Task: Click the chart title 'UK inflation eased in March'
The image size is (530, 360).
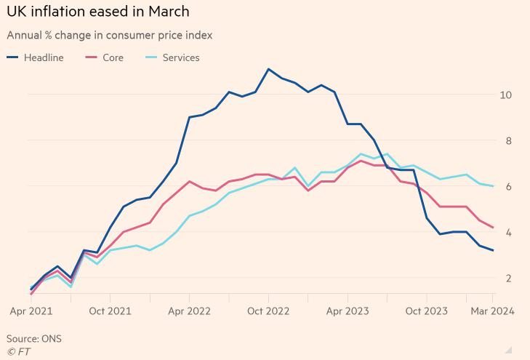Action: click(x=98, y=12)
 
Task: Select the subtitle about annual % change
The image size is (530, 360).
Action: click(x=110, y=35)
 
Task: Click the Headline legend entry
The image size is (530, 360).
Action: click(x=36, y=57)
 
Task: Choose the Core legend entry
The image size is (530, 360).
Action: click(x=105, y=57)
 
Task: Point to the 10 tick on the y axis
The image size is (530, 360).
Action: click(x=506, y=95)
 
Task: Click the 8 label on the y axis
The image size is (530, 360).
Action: click(x=509, y=141)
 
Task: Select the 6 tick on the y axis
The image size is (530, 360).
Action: click(x=509, y=187)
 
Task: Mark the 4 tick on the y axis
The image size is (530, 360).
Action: click(x=509, y=233)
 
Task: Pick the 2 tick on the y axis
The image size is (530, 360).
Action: click(x=509, y=279)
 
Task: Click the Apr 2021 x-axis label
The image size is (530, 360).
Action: click(x=31, y=311)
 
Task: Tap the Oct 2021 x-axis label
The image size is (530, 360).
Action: click(x=111, y=311)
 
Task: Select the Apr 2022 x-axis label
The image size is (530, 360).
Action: click(x=189, y=311)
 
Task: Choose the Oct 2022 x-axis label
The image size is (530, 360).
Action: click(x=268, y=311)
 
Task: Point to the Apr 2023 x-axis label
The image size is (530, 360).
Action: click(x=348, y=311)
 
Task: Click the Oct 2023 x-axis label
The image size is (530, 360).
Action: click(x=426, y=311)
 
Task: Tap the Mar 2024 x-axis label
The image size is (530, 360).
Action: click(x=492, y=311)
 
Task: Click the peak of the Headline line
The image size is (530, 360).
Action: click(x=268, y=69)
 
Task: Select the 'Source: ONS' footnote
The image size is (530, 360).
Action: click(x=34, y=339)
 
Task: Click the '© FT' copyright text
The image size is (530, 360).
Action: click(x=19, y=352)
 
